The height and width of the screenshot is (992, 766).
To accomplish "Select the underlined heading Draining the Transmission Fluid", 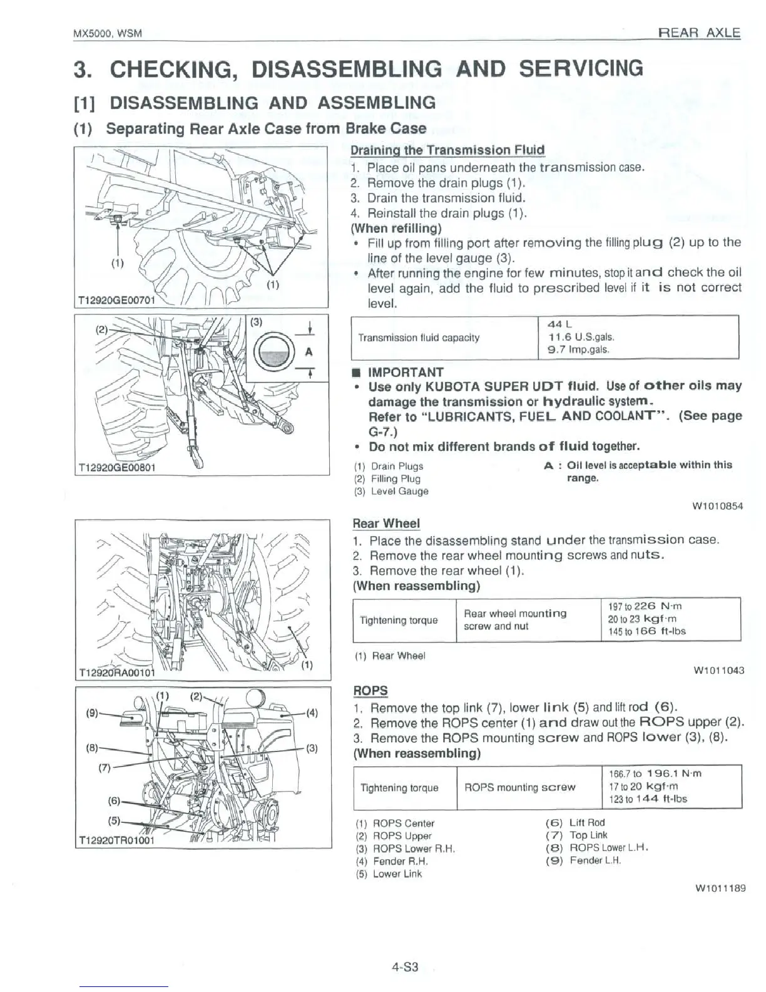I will click(x=447, y=150).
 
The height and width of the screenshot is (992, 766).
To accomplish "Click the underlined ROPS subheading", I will click(x=370, y=691).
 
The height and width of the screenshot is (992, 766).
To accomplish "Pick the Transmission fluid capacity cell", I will click(x=418, y=338).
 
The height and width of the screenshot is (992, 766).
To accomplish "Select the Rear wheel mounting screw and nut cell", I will click(x=514, y=620).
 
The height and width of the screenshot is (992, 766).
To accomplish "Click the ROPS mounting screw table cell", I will click(x=519, y=788).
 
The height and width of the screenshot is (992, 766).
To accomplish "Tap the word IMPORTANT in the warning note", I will click(x=406, y=373).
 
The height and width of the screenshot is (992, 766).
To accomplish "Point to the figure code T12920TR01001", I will click(x=116, y=840).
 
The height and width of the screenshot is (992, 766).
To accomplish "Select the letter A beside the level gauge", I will click(x=308, y=352).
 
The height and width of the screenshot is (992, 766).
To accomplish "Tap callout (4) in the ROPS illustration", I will click(x=313, y=712).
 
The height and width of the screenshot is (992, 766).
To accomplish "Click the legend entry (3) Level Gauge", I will click(x=391, y=492).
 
